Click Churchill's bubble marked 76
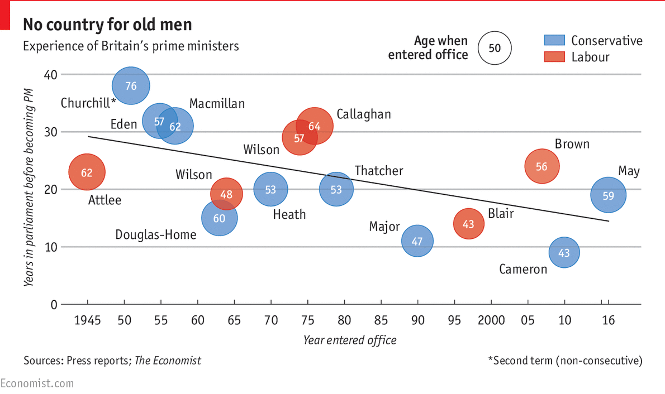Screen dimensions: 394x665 coord(131,85)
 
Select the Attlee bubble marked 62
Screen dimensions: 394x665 coord(87,172)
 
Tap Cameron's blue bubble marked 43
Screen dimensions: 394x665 coord(564,253)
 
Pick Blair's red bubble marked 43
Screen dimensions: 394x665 coord(469,224)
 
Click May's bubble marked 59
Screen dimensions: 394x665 coord(608,195)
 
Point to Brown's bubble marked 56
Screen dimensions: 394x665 coord(541,166)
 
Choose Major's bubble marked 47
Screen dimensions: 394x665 coord(417,241)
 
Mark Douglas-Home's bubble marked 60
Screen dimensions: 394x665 coord(219,218)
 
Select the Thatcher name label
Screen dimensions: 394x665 coord(378,171)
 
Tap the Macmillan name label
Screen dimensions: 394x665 coord(217,104)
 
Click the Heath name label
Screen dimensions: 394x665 coord(289,214)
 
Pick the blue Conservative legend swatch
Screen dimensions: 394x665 coord(554,40)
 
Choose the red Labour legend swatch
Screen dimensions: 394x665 coord(554,56)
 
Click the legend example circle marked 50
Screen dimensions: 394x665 coord(495,48)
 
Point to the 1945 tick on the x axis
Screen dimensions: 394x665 coord(87,320)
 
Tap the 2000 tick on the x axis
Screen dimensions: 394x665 coord(492,320)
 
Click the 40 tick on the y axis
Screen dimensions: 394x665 coord(50,74)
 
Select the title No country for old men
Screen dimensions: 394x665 coord(107,25)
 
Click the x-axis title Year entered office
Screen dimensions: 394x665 coord(350,340)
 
